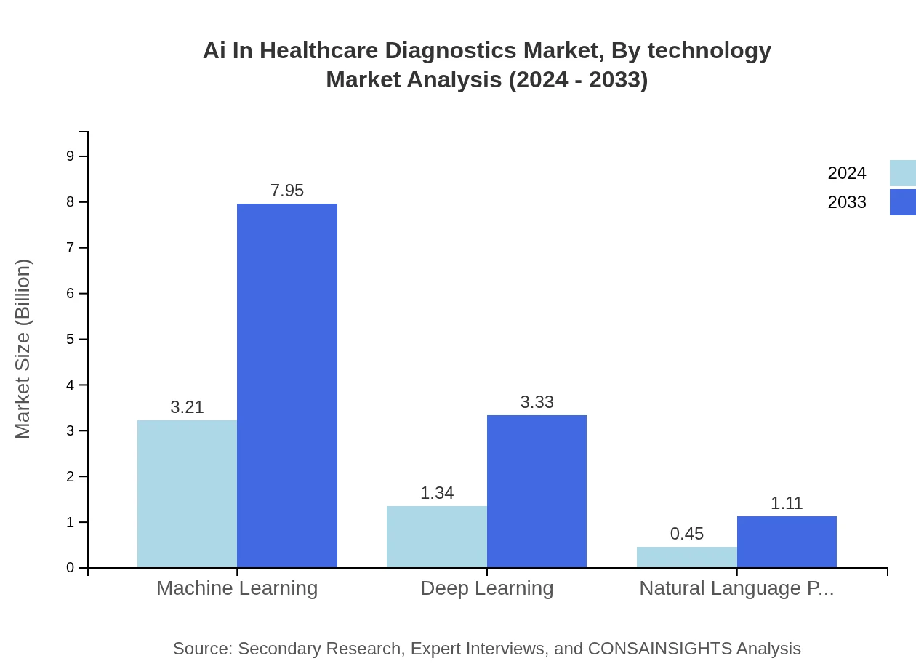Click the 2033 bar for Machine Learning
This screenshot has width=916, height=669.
click(x=287, y=385)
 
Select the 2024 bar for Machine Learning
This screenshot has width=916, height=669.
click(x=187, y=494)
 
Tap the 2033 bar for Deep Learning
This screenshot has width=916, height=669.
click(x=537, y=491)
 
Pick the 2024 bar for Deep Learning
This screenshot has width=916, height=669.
click(x=436, y=537)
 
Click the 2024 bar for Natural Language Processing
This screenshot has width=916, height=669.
click(x=686, y=557)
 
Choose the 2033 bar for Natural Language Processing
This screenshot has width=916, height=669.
click(x=787, y=542)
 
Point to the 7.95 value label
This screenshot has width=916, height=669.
click(x=287, y=191)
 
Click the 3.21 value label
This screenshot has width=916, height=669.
click(x=187, y=407)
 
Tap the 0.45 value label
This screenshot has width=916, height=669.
click(x=686, y=534)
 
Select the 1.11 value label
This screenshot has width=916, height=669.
click(x=787, y=503)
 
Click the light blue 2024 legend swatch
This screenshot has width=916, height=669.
click(x=902, y=173)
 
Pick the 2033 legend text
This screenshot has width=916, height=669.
click(x=847, y=202)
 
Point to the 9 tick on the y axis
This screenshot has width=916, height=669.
click(x=71, y=156)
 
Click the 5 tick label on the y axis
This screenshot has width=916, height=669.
click(x=71, y=340)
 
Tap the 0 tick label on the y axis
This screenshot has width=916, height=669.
click(x=71, y=568)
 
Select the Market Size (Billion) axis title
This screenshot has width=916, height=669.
click(x=23, y=349)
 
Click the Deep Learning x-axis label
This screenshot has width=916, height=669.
click(x=487, y=588)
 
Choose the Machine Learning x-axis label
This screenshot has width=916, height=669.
click(x=237, y=588)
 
